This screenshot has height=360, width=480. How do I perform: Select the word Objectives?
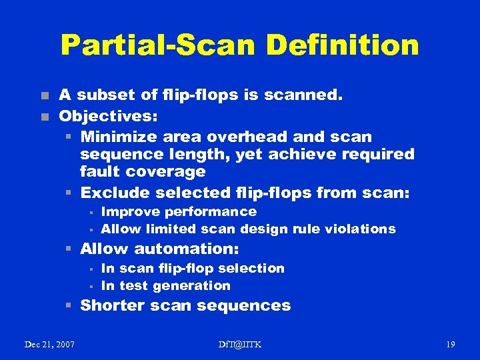(108, 117)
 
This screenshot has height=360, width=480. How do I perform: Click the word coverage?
(166, 171)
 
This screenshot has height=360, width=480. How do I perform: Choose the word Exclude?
(114, 193)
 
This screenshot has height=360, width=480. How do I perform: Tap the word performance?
(213, 212)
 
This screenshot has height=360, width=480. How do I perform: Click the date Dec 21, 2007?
(49, 344)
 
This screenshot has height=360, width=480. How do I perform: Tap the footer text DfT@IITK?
(240, 344)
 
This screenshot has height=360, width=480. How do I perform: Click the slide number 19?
(451, 344)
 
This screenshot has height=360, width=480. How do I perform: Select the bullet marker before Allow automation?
(69, 249)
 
